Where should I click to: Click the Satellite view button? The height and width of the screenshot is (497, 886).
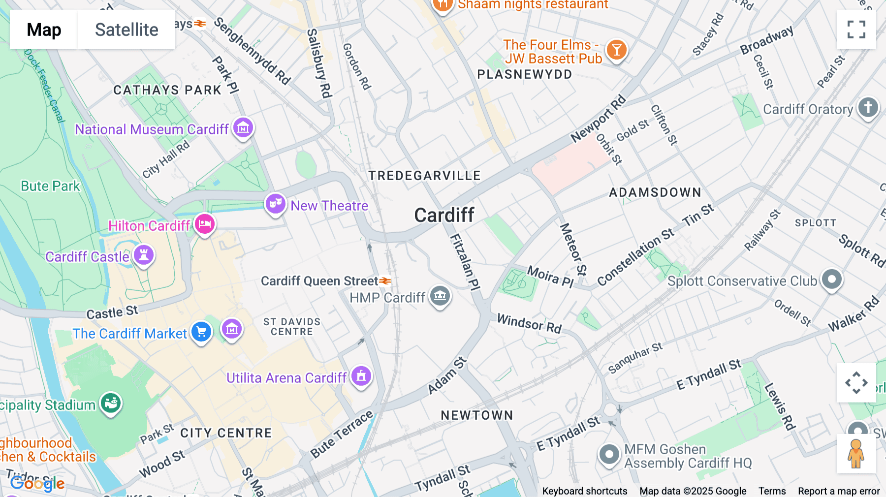point(127,30)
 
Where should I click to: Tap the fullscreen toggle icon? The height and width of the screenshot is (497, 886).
point(856,30)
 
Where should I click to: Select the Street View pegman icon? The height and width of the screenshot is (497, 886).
point(856,454)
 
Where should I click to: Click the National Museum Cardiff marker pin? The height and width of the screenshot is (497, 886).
point(243,128)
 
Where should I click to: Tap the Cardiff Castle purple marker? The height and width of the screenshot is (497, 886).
point(144,255)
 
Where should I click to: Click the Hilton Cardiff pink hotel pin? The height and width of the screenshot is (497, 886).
point(205,224)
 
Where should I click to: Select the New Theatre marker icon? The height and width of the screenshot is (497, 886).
point(275,203)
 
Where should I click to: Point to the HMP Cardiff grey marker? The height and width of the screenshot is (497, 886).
point(440,296)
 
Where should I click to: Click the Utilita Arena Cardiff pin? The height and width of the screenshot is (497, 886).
point(361,376)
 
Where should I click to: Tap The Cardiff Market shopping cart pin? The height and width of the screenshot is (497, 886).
point(201,332)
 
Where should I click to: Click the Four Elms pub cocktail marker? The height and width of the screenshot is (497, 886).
point(616,50)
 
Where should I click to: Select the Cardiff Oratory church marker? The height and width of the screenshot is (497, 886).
point(868,107)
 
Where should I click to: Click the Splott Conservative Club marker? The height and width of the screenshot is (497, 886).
point(832,280)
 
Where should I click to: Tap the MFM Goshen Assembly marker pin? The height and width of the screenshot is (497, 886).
point(609,454)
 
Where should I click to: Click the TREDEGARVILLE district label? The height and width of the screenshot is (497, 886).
point(424,176)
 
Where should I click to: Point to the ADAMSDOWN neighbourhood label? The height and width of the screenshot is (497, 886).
point(655,192)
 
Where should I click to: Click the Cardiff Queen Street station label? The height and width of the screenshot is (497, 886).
point(319,281)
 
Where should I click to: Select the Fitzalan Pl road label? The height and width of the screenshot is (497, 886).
point(465,261)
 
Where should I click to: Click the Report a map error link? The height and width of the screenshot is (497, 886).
point(839,491)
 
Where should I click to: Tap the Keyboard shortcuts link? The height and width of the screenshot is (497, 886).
point(584,491)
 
